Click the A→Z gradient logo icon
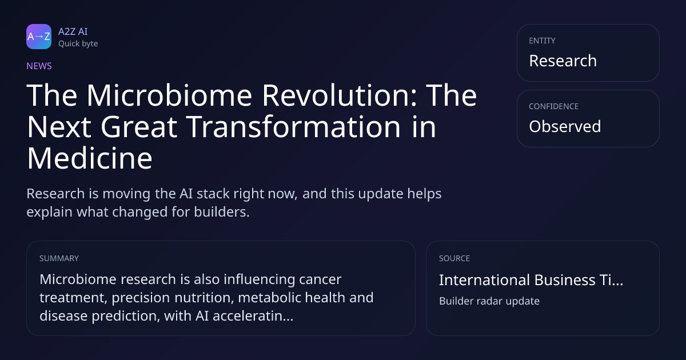click(39, 37)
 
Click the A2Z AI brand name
click(73, 31)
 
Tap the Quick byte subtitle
click(78, 44)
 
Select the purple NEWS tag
click(39, 66)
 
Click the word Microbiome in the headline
click(169, 95)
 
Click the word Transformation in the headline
click(294, 127)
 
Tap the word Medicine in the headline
click(90, 158)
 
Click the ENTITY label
click(542, 41)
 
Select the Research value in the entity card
click(563, 61)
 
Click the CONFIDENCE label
click(554, 106)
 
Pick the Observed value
click(565, 126)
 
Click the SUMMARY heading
click(59, 258)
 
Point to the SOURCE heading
click(454, 258)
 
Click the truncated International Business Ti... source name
click(531, 280)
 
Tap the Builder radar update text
click(489, 301)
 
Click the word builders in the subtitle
click(222, 212)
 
